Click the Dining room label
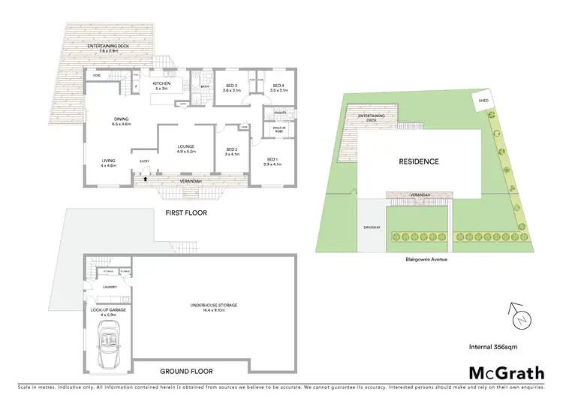pos(122,121)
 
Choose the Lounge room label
pos(185,148)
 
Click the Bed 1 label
pos(272,161)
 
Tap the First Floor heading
pos(185,213)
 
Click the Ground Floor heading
pos(185,371)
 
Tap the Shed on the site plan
pos(481,101)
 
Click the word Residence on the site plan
pos(418,161)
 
